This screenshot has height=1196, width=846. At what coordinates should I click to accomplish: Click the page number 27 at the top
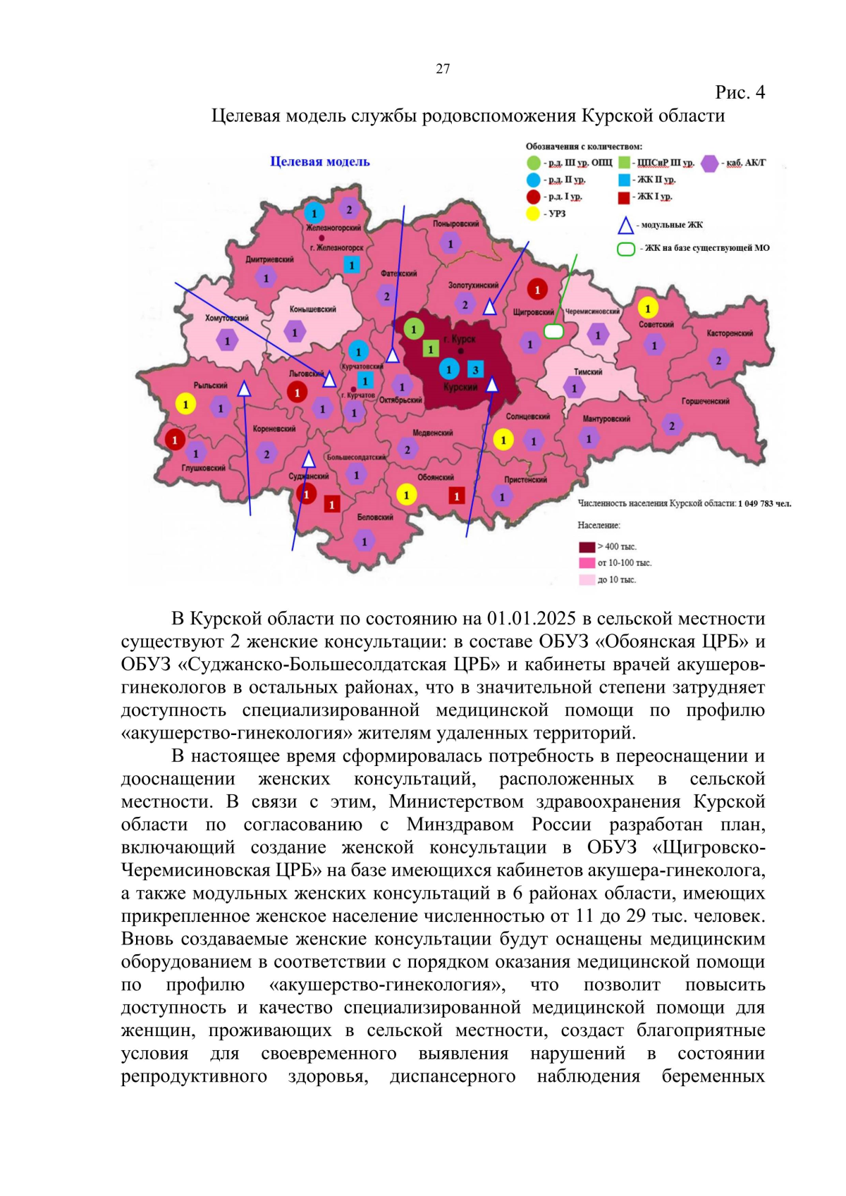[x=443, y=68]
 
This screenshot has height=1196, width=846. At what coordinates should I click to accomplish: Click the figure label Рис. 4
[x=740, y=92]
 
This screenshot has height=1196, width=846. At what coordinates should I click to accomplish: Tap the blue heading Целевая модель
[x=320, y=161]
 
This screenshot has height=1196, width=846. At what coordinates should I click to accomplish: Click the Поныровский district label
[x=455, y=224]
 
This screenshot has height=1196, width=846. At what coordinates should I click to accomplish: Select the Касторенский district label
[x=730, y=333]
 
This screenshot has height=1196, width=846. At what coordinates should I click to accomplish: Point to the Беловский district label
[x=374, y=517]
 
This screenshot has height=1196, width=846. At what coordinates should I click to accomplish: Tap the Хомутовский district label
[x=227, y=318]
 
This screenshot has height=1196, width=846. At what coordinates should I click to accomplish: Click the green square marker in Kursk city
[x=431, y=349]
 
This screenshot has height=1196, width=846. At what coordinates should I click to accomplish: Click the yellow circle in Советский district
[x=647, y=307]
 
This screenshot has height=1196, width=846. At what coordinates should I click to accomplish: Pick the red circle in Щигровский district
[x=537, y=289]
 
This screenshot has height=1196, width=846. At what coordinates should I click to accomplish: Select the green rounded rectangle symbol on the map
[x=554, y=331]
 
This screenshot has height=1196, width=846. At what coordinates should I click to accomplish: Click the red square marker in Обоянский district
[x=457, y=496]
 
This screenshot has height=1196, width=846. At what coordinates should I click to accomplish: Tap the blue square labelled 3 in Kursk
[x=475, y=369]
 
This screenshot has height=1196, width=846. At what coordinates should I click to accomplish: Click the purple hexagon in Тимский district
[x=574, y=388]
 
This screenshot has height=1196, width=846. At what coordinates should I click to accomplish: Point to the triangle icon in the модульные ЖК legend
[x=625, y=226]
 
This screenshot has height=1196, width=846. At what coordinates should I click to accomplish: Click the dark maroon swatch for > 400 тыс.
[x=587, y=547]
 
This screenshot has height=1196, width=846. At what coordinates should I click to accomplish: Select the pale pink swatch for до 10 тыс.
[x=587, y=579]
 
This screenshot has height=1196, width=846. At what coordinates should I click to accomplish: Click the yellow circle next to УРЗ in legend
[x=533, y=214]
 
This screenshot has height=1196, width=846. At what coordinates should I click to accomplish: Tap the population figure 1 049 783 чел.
[x=764, y=503]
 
